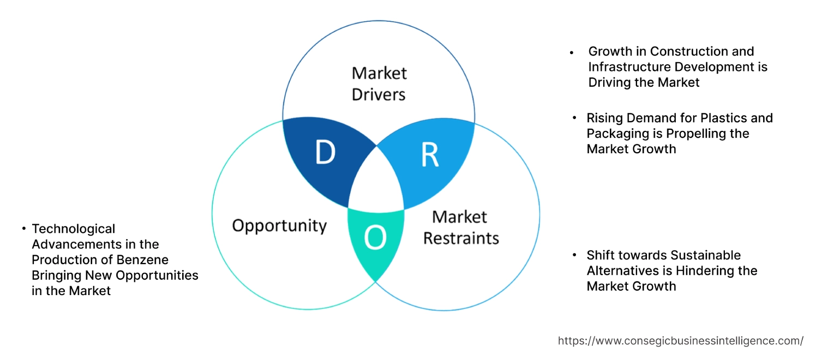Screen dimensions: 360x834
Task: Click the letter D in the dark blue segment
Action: click(325, 153)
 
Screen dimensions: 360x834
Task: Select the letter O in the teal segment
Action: click(375, 238)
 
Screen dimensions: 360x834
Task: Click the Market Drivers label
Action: click(379, 83)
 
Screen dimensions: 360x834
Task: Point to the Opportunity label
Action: click(279, 226)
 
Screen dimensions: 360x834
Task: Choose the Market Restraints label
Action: click(461, 227)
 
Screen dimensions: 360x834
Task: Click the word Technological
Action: click(74, 229)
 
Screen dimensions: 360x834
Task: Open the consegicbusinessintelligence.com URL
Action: click(680, 341)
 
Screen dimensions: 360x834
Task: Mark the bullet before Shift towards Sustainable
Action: click(574, 255)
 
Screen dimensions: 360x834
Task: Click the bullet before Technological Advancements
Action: click(24, 229)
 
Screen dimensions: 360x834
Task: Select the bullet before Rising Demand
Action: click(574, 118)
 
